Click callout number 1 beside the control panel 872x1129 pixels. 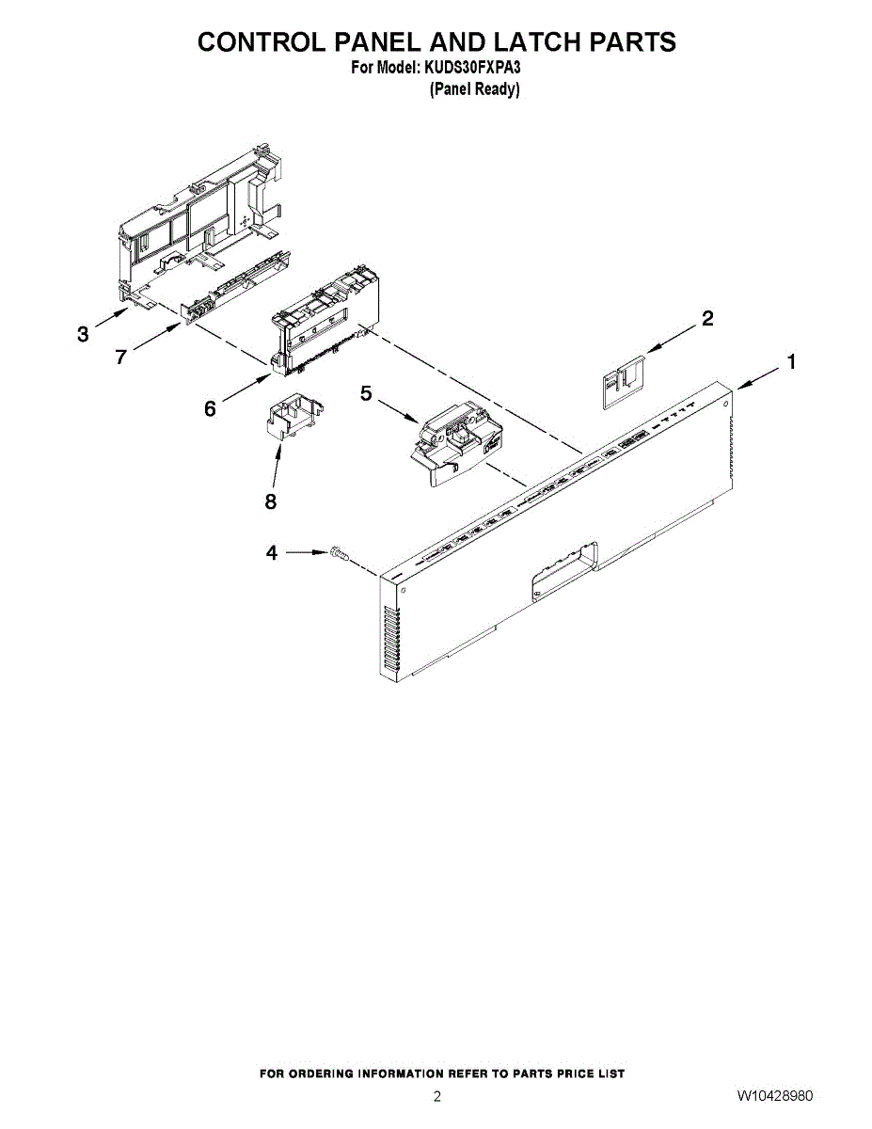click(793, 361)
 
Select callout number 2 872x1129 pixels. click(706, 319)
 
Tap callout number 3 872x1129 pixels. click(84, 334)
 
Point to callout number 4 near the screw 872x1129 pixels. click(272, 553)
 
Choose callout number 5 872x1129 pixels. click(367, 394)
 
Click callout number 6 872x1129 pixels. click(210, 408)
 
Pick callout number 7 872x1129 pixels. click(120, 357)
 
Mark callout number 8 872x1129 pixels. click(271, 501)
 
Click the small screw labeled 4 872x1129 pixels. click(339, 555)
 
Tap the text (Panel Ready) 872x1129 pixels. click(474, 89)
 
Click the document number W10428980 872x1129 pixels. click(775, 1096)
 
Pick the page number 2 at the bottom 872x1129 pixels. click(436, 1096)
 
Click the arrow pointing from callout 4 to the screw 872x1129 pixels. click(306, 554)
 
